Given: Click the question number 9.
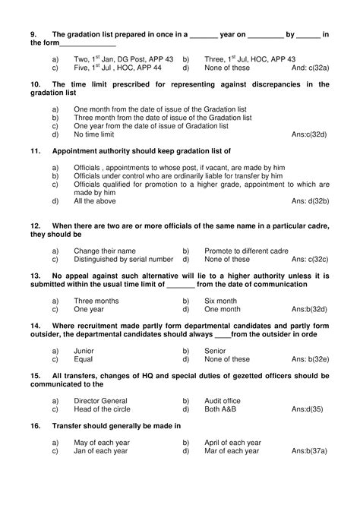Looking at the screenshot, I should (x=34, y=34).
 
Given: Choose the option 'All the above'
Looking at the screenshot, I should (x=95, y=201).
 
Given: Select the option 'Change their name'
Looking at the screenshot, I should (x=105, y=250).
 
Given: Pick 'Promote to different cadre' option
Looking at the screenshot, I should (x=248, y=250).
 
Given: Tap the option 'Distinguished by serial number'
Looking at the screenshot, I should (x=124, y=259).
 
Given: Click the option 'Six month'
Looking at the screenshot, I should (x=221, y=301).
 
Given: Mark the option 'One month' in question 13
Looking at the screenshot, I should (x=223, y=310).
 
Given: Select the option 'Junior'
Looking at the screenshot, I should (x=84, y=351).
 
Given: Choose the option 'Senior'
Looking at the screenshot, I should (x=216, y=351).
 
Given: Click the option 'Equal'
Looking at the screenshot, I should (x=84, y=360).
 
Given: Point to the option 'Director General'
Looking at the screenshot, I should (x=103, y=401).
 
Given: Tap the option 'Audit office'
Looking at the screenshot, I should (x=223, y=401).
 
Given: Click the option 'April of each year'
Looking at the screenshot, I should (x=232, y=443).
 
